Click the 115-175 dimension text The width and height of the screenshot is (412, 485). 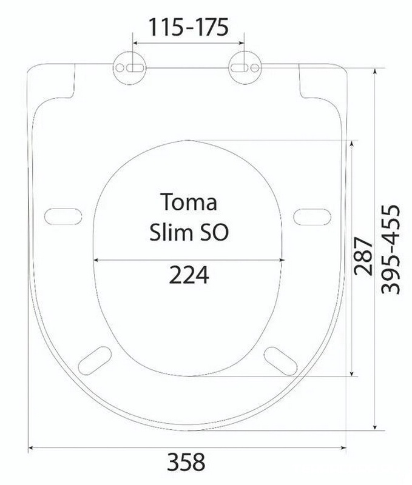pos(189,27)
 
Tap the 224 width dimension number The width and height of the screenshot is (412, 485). pos(189,275)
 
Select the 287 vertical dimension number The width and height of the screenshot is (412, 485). pos(363,256)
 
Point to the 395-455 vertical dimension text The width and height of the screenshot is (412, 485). pos(390,249)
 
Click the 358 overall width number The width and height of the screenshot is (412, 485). pos(186,462)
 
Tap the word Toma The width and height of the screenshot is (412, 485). pos(188,202)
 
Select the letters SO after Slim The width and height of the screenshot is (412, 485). pos(211,232)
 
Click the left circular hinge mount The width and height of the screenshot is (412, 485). pos(129,68)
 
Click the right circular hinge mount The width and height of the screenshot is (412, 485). pos(245,68)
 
